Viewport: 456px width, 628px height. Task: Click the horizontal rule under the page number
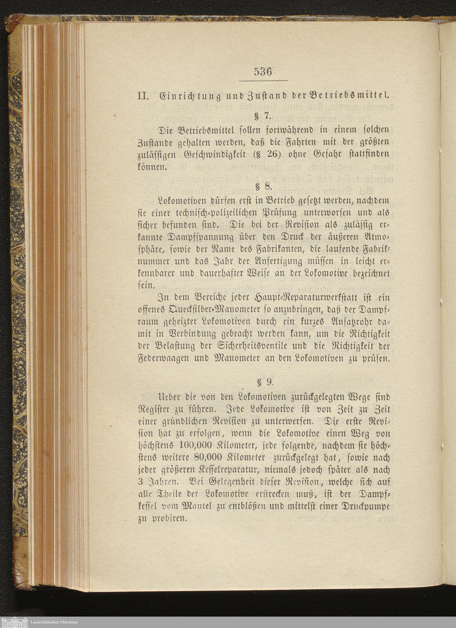[x=263, y=81]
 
